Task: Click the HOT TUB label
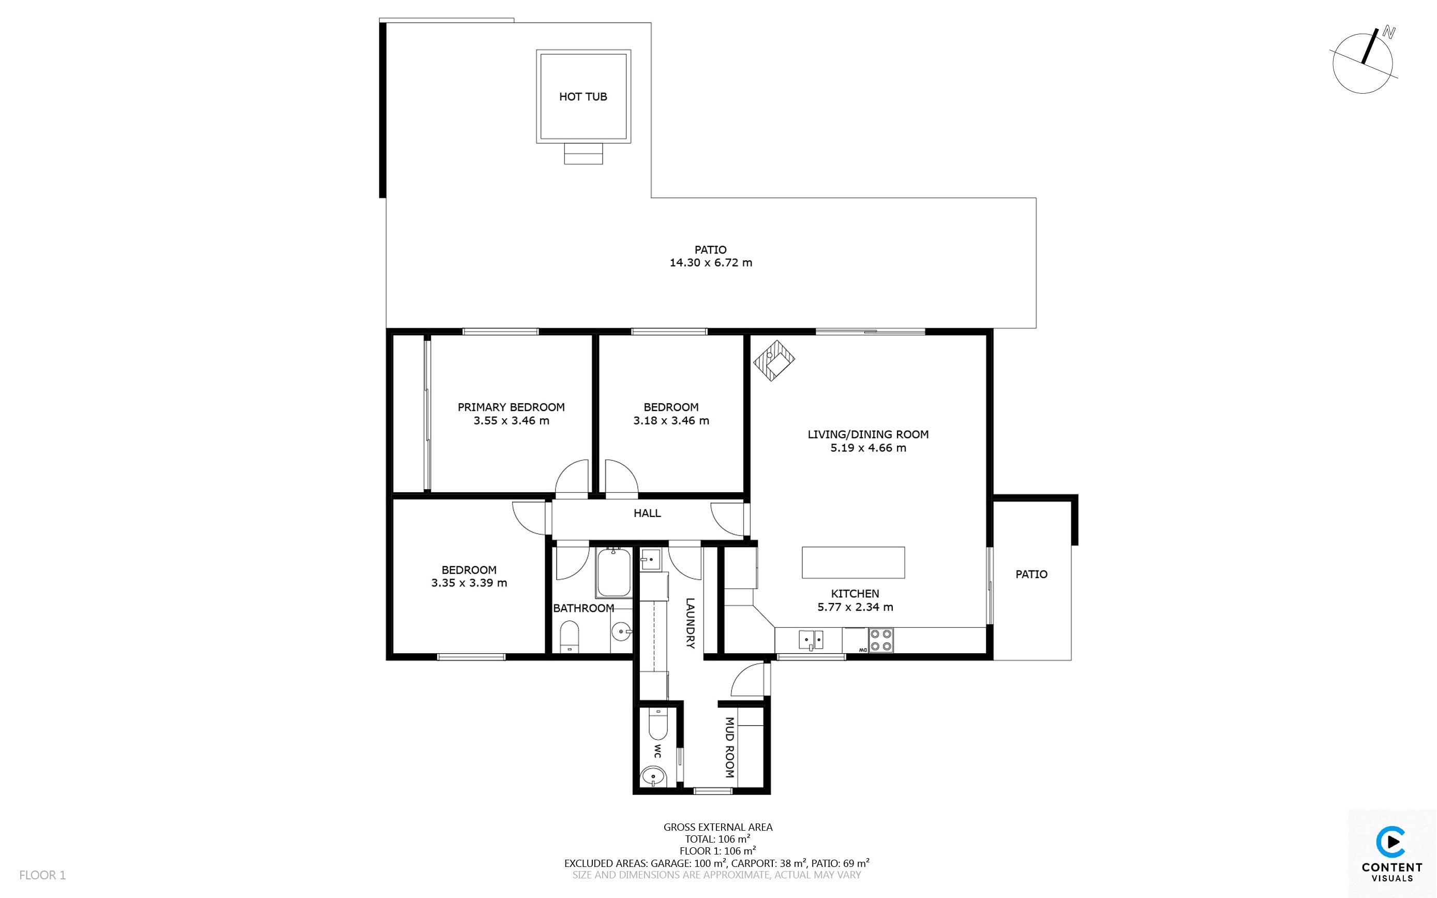pos(583,97)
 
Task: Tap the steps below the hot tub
pos(583,153)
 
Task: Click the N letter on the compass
pos(1388,33)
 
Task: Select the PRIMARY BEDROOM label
pos(511,407)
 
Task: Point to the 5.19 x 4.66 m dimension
pos(869,448)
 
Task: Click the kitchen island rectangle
pos(853,563)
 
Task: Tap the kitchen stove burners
pos(880,640)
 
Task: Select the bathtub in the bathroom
pos(615,572)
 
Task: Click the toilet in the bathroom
pos(569,637)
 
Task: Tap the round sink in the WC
pos(653,776)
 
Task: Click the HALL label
pos(647,513)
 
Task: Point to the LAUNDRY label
pos(690,623)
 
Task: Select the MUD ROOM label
pos(729,747)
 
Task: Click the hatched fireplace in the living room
pos(774,361)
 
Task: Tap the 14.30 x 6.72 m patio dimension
pos(711,262)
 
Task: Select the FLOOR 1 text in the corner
pos(43,875)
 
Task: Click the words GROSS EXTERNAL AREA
pos(718,827)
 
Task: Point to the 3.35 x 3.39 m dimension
pos(469,583)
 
